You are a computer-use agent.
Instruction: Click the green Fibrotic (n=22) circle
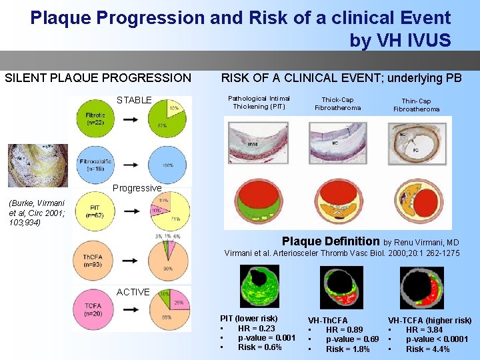(95, 119)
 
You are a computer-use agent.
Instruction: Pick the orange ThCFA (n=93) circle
(95, 260)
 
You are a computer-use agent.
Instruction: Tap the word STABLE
(134, 101)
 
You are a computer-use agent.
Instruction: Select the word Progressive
(137, 188)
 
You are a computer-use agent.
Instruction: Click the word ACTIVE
(133, 292)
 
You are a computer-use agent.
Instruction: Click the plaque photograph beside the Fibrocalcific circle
(37, 165)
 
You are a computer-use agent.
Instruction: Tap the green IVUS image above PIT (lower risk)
(259, 287)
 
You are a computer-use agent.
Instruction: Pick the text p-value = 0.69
(352, 339)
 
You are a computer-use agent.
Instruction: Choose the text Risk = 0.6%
(260, 347)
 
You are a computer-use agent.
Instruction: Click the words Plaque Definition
(331, 241)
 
